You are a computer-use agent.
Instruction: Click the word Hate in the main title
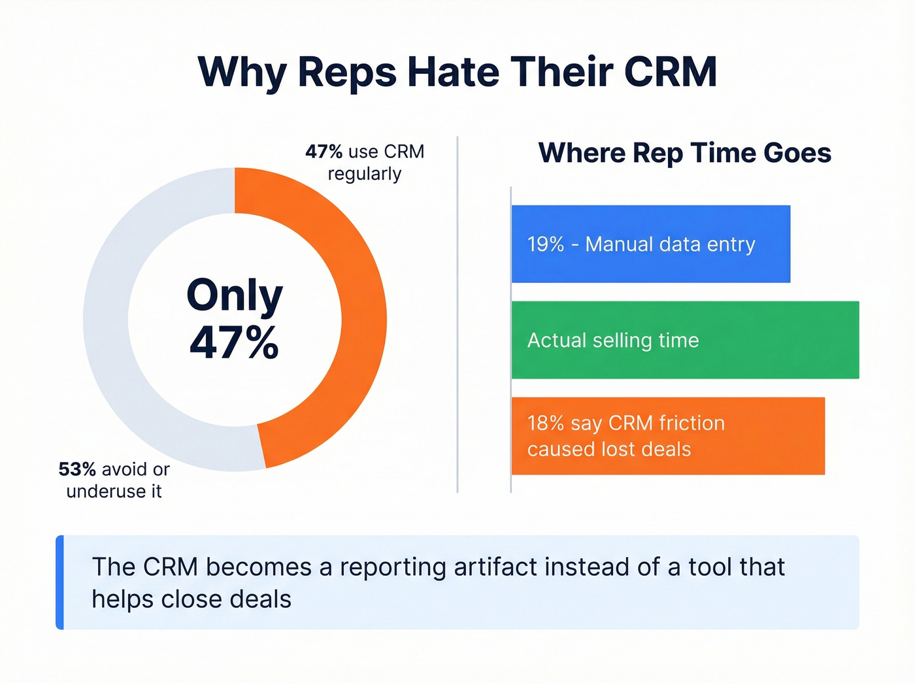pyautogui.click(x=455, y=71)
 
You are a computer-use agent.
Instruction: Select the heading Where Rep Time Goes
pyautogui.click(x=684, y=153)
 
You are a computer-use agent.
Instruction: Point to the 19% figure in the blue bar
pyautogui.click(x=546, y=244)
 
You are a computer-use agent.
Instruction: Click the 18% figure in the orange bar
pyautogui.click(x=546, y=424)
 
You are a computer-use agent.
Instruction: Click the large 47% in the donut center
pyautogui.click(x=235, y=342)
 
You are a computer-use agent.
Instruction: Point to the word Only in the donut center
pyautogui.click(x=235, y=295)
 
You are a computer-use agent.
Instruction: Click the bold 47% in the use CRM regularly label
pyautogui.click(x=324, y=152)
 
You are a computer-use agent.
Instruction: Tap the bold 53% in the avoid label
pyautogui.click(x=77, y=469)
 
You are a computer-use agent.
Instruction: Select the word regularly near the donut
pyautogui.click(x=364, y=175)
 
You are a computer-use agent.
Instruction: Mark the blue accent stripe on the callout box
pyautogui.click(x=59, y=582)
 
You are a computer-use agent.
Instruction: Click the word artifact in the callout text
pyautogui.click(x=496, y=567)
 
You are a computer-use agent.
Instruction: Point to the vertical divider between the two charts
pyautogui.click(x=457, y=314)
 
